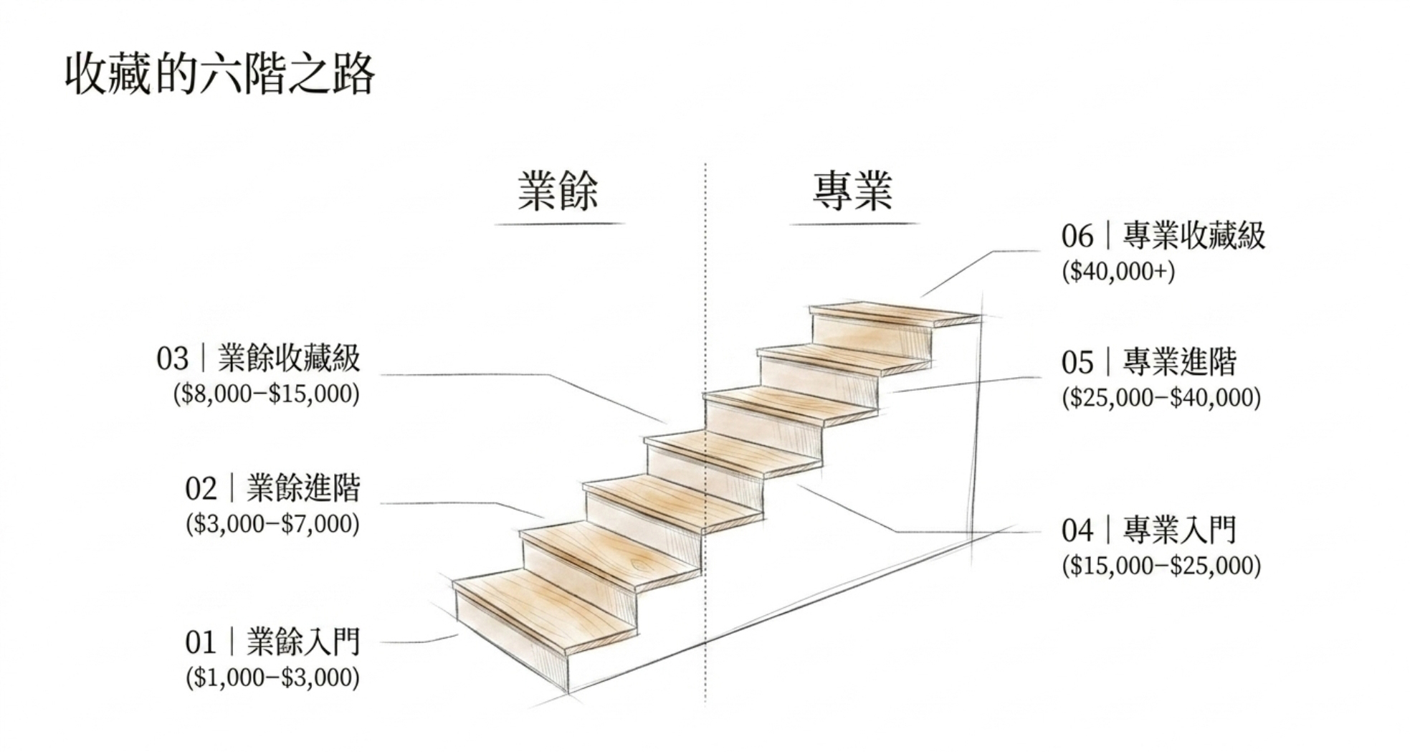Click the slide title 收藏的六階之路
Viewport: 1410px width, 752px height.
(219, 74)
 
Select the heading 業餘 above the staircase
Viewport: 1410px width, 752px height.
(558, 191)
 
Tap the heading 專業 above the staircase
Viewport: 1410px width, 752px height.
(852, 191)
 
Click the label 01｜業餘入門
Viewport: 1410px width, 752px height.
(272, 642)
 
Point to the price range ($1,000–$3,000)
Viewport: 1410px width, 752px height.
(272, 677)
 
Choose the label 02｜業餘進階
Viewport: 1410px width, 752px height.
(272, 488)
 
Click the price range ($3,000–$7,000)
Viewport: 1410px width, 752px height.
(272, 524)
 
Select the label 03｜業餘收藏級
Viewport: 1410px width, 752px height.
(258, 358)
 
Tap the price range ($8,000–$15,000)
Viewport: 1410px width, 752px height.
(266, 394)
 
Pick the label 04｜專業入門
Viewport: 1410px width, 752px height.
(1149, 530)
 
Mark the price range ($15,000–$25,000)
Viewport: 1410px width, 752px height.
(1161, 566)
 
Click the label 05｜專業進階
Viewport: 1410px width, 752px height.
(1149, 362)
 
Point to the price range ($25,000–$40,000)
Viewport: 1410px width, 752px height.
(1161, 398)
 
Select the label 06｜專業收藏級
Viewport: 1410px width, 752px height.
(1163, 236)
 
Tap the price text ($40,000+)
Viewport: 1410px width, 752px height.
(1118, 272)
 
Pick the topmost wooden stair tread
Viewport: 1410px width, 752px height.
(895, 314)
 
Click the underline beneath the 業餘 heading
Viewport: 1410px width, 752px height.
(560, 224)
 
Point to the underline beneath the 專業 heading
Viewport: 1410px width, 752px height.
(854, 224)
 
